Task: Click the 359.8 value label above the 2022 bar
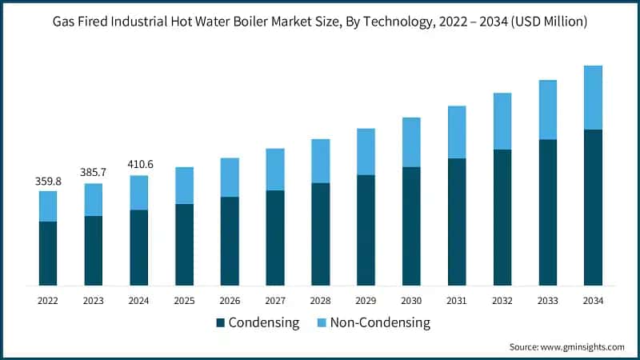tap(48, 182)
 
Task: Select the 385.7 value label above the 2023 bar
tap(94, 173)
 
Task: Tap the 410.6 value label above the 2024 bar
tap(139, 165)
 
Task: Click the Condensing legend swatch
tap(220, 323)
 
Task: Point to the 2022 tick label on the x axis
tap(48, 301)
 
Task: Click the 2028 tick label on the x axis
tap(321, 301)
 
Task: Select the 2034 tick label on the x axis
tap(593, 301)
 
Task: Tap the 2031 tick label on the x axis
tap(457, 301)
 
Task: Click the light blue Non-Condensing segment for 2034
tap(593, 98)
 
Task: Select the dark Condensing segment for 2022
tap(48, 254)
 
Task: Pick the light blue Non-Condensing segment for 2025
tap(184, 186)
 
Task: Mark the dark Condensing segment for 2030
tap(411, 226)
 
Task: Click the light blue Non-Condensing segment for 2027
tap(275, 170)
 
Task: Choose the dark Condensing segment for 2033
tap(547, 213)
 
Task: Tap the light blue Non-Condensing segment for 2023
tap(94, 200)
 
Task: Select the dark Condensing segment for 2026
tap(230, 242)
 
